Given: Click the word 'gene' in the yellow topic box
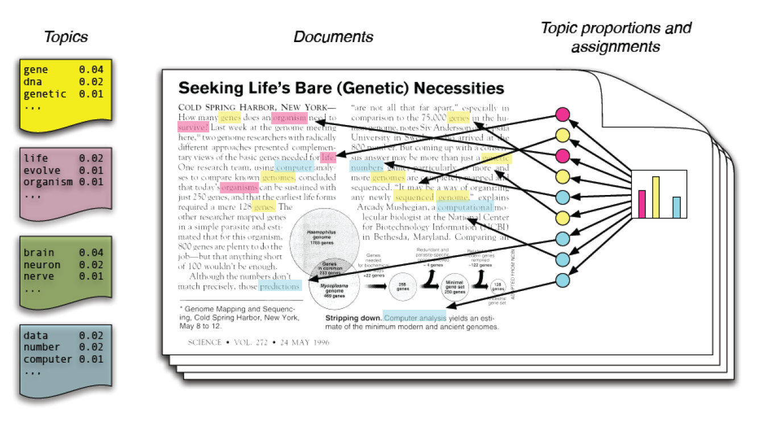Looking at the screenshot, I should click(36, 70).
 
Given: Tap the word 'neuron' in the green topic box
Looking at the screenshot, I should click(40, 264).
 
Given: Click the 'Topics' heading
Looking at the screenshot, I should click(66, 38).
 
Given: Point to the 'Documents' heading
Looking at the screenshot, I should click(333, 38).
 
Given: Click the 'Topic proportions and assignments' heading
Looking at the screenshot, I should click(615, 36).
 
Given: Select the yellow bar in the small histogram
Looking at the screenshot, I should click(656, 197).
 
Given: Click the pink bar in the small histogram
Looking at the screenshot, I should click(642, 204).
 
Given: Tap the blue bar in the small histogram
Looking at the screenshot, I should click(676, 207).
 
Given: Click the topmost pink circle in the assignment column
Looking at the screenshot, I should click(562, 114).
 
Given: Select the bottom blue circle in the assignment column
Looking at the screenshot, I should click(562, 280).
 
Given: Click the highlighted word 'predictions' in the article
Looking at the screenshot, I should click(279, 286).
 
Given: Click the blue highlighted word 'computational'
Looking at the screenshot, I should click(465, 207).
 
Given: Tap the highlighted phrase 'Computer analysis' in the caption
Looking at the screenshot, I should click(415, 318).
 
